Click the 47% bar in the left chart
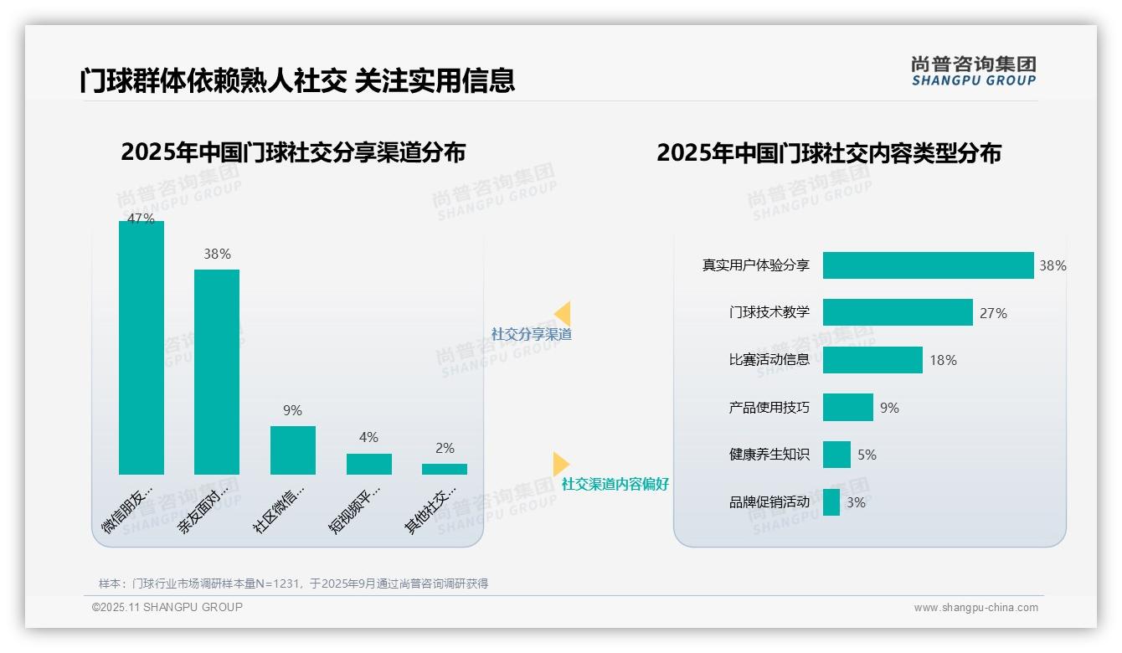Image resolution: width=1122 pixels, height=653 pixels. (x=142, y=347)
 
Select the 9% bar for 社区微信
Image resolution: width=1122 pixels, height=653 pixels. (x=293, y=450)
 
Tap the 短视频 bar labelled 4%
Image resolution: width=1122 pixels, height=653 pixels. (x=369, y=465)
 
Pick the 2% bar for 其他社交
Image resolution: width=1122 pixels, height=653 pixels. (x=445, y=470)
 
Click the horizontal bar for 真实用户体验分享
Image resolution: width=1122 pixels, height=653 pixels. (x=928, y=265)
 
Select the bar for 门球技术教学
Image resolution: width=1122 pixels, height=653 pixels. (x=898, y=312)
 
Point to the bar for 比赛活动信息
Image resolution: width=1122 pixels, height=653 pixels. (x=872, y=360)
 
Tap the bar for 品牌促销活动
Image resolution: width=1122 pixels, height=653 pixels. (x=831, y=502)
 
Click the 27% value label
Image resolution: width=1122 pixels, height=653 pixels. (x=993, y=313)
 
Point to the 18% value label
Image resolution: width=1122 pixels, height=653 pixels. (x=943, y=361)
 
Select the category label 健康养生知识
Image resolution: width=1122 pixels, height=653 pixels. (x=769, y=455)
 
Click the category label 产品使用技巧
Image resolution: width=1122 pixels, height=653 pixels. (x=769, y=408)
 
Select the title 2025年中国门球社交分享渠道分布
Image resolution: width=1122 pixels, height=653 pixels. (x=293, y=152)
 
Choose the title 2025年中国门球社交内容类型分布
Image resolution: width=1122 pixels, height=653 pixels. (x=829, y=153)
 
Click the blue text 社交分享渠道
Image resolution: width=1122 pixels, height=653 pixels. (x=532, y=334)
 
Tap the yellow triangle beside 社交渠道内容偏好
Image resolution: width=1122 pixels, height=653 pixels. (x=560, y=463)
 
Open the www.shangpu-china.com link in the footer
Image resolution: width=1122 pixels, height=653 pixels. (x=975, y=608)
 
